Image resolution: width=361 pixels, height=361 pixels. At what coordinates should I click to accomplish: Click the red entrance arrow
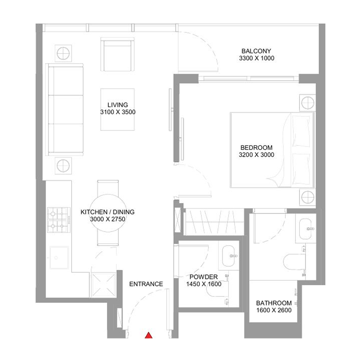pyautogui.click(x=148, y=335)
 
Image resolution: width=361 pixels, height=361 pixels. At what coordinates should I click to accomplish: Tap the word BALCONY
pyautogui.click(x=256, y=51)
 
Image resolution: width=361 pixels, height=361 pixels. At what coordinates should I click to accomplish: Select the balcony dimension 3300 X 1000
pyautogui.click(x=256, y=58)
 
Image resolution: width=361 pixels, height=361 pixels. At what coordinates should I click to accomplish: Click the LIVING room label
pyautogui.click(x=118, y=105)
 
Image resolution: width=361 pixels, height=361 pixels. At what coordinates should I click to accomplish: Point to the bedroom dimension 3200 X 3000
pyautogui.click(x=256, y=155)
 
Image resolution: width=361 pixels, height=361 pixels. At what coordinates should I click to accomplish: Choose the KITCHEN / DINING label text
pyautogui.click(x=107, y=212)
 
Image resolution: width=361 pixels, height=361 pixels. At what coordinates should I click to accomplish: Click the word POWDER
pyautogui.click(x=204, y=277)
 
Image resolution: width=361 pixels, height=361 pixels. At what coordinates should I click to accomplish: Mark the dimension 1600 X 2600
pyautogui.click(x=273, y=310)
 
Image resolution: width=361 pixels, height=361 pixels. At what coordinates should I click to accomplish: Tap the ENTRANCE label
pyautogui.click(x=146, y=284)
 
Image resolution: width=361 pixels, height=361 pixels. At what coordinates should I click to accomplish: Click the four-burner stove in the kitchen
pyautogui.click(x=58, y=219)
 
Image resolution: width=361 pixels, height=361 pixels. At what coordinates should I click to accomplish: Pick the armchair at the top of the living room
pyautogui.click(x=117, y=55)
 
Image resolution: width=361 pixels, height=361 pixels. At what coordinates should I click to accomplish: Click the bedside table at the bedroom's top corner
pyautogui.click(x=306, y=102)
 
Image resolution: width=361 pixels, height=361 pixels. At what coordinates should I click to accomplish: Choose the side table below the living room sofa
pyautogui.click(x=63, y=165)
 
